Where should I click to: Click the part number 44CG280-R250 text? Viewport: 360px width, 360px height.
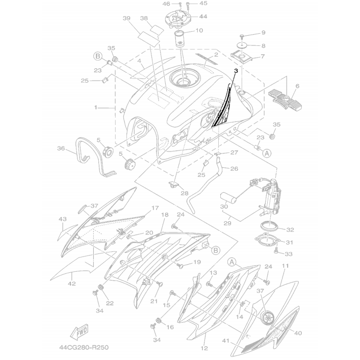tap(84, 347)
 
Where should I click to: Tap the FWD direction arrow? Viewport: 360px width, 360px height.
tap(81, 332)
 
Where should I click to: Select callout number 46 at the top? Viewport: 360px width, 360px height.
tap(166, 4)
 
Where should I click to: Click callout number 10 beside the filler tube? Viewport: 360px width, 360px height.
tap(199, 31)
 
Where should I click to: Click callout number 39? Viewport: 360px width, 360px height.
tap(127, 19)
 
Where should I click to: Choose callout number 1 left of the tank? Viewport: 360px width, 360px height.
tap(95, 108)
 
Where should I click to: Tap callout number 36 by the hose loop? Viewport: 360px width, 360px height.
tap(61, 149)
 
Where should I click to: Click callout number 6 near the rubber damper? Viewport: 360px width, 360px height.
tap(297, 86)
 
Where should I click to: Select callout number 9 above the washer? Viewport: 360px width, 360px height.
tap(263, 33)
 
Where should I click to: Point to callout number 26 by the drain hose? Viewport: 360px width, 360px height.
tap(234, 169)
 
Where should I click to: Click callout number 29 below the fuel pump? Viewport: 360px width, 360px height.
tap(228, 223)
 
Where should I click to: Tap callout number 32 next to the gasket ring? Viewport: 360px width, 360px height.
tap(290, 229)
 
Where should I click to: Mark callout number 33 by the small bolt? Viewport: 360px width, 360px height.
tap(289, 253)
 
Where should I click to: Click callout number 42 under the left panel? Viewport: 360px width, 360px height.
tap(72, 283)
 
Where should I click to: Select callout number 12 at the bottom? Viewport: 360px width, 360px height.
tap(204, 349)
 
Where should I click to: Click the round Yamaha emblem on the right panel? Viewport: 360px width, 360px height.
tap(267, 317)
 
